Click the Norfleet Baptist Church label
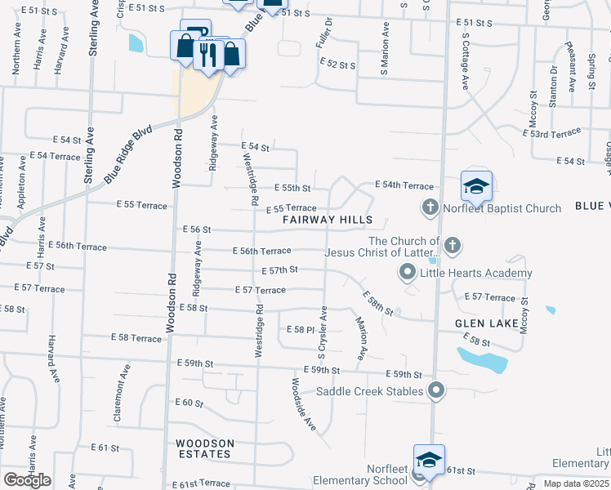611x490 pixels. point(502,208)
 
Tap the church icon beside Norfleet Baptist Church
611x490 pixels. point(430,208)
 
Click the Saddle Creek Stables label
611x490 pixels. point(370,392)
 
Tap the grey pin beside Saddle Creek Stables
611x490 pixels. point(436,391)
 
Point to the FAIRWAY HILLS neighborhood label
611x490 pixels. point(328,220)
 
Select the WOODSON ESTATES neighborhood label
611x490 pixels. point(206,449)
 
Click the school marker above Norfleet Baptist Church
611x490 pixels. point(475,187)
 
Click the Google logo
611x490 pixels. point(27,480)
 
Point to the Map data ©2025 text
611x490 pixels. point(576,483)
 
